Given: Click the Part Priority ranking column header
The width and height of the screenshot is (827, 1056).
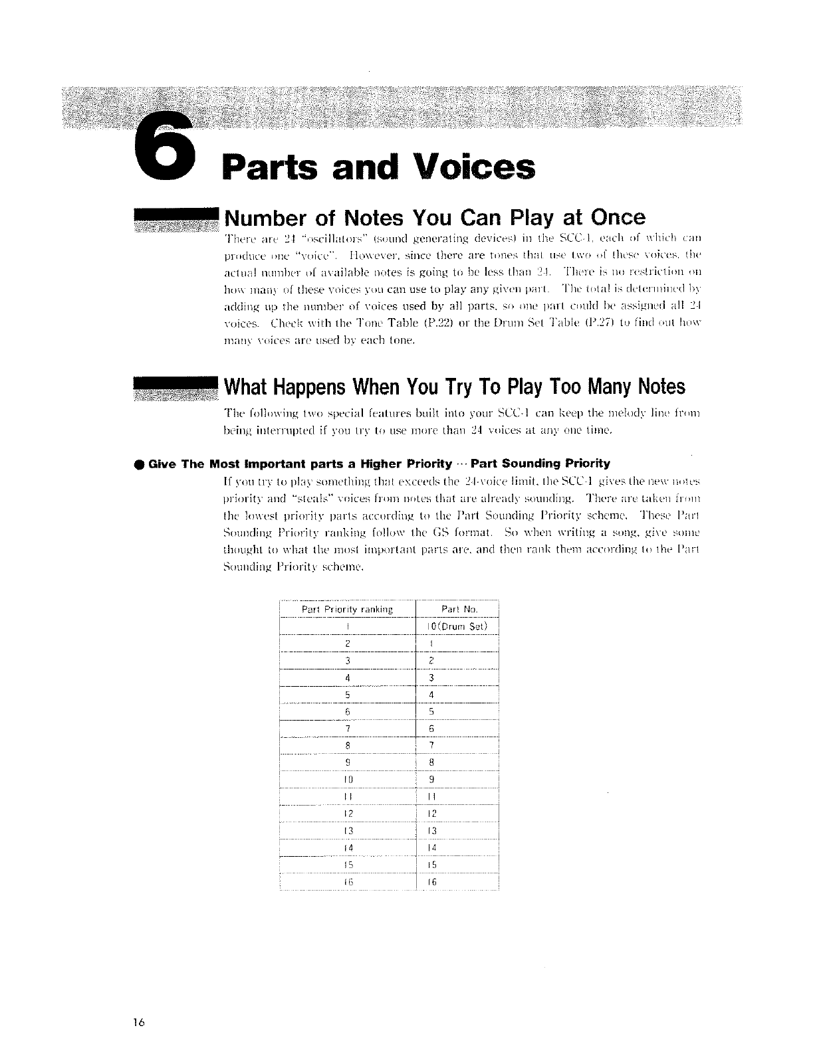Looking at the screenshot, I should coord(348,609).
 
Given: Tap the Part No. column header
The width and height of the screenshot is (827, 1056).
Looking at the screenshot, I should coord(459,609).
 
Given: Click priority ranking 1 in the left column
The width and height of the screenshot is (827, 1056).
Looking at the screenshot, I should coord(348,626).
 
